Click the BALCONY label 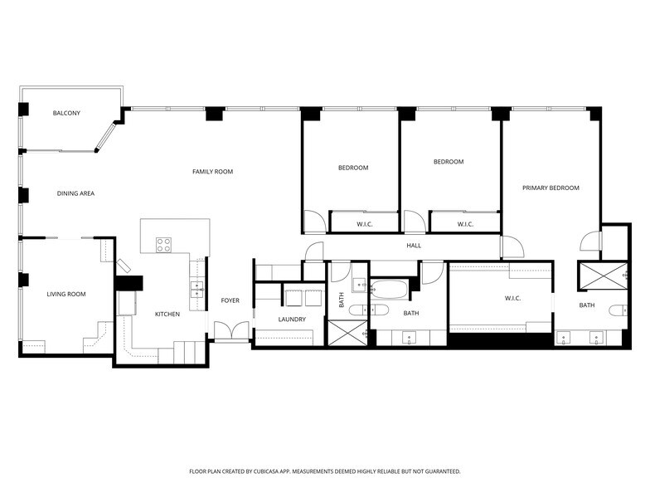point(66,113)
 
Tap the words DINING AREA point(75,193)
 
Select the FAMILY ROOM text point(212,172)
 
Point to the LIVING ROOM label point(65,294)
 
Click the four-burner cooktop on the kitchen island point(164,244)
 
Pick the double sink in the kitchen point(198,288)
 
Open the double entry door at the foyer point(227,330)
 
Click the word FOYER point(230,300)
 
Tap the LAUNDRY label point(292,320)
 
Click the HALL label point(413,246)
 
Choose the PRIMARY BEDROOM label point(551,188)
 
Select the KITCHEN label point(167,314)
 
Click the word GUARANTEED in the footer point(439,471)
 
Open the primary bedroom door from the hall point(511,246)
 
